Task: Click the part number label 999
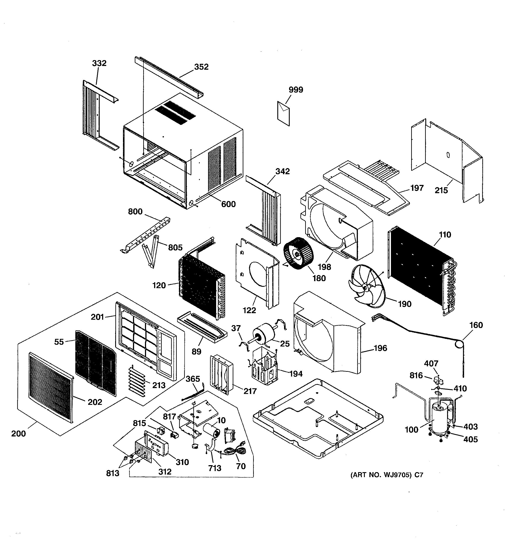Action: coord(296,90)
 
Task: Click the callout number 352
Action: coord(201,67)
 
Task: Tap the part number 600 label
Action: coord(228,204)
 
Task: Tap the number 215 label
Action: coord(441,190)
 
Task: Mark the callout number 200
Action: coord(19,434)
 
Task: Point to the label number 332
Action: coord(99,63)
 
